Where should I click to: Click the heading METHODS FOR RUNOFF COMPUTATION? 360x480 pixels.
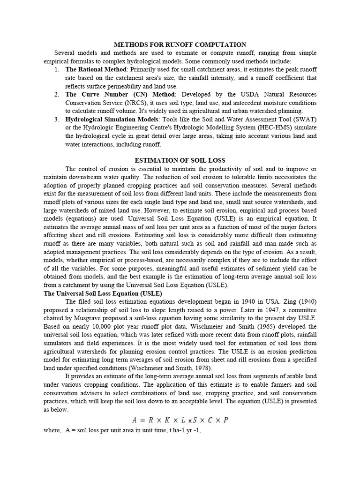coord(180,45)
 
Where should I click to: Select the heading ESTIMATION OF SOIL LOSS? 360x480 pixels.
coord(180,160)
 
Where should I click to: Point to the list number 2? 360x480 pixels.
coord(56,95)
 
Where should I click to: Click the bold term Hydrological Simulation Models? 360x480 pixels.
coord(111,119)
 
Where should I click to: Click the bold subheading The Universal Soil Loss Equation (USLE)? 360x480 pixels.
coord(103,293)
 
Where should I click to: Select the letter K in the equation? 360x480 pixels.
coord(167,420)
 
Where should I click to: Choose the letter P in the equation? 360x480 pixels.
coord(226,420)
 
